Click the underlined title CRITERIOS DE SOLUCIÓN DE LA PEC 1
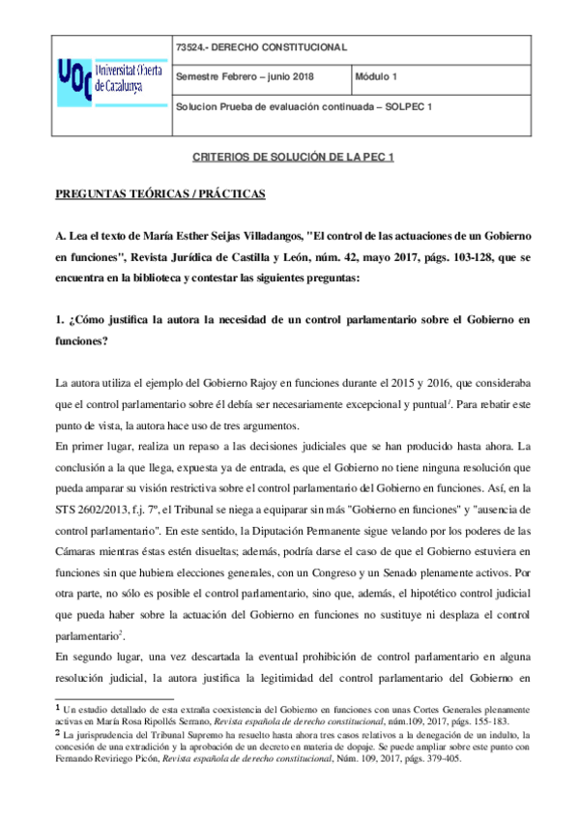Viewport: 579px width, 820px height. point(289,157)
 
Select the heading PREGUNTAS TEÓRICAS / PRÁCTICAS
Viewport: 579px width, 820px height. point(159,194)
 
